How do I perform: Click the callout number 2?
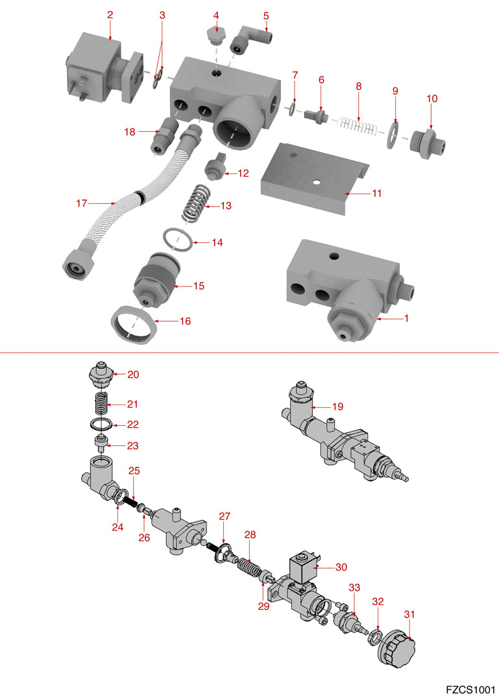(x=110, y=14)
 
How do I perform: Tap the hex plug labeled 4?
(x=216, y=36)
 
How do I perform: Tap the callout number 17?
(x=81, y=203)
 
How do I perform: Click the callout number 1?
(x=407, y=319)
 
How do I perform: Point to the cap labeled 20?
(x=102, y=376)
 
